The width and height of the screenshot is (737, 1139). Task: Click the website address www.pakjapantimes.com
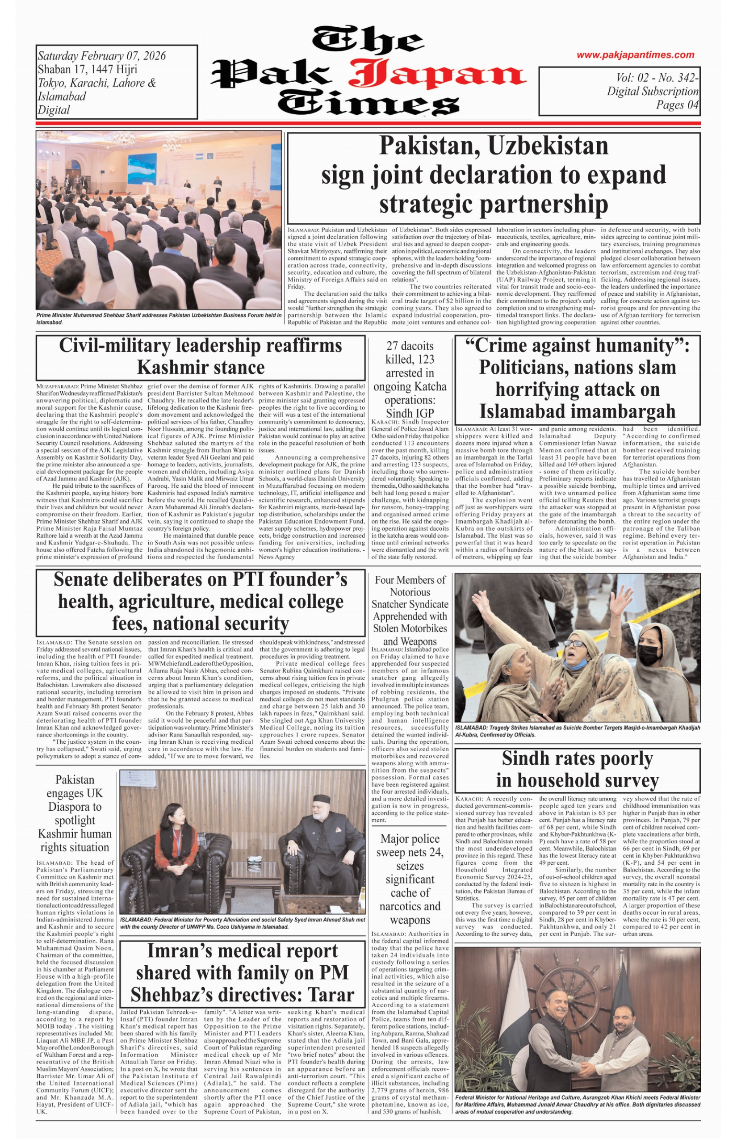click(635, 55)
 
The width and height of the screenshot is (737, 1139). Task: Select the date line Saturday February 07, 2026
click(102, 56)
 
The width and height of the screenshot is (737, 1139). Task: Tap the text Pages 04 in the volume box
click(677, 105)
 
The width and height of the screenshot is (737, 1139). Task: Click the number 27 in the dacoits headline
click(393, 346)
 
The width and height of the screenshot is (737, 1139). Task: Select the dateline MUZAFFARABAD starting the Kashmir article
click(57, 386)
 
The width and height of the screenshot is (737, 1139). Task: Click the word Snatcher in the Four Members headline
click(391, 604)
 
